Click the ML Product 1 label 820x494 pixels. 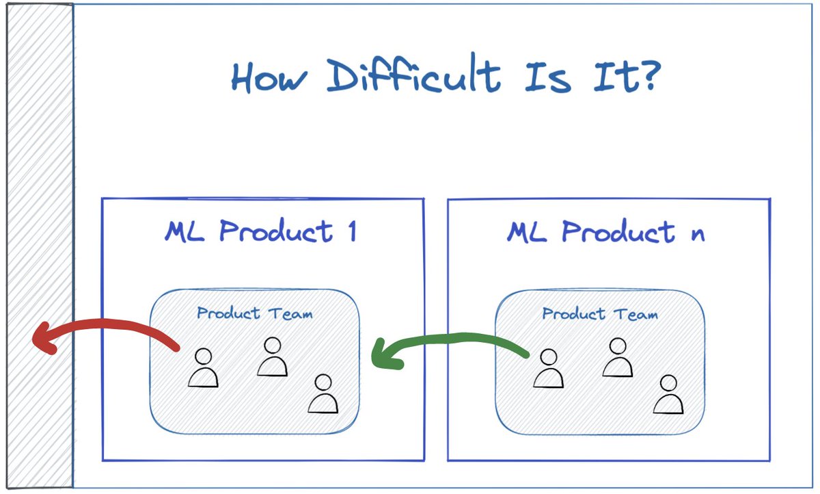coord(260,231)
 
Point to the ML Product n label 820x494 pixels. coord(605,233)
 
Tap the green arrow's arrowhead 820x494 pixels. coord(382,355)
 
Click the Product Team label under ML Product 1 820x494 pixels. coord(254,313)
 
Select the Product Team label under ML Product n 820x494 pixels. coord(600,314)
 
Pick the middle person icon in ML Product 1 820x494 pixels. coord(272,356)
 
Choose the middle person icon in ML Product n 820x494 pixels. coord(617,356)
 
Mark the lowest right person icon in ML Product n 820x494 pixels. coord(668,394)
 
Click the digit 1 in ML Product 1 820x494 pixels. coord(351,231)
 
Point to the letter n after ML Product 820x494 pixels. coord(697,235)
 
